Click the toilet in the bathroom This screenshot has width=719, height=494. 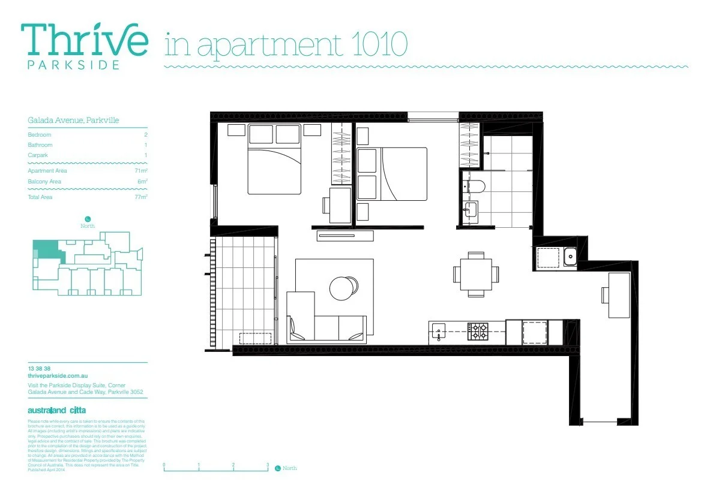tap(475, 186)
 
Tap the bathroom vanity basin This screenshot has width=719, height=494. tap(471, 210)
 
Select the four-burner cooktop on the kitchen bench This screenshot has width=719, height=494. tap(478, 332)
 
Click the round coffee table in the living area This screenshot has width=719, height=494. tap(344, 288)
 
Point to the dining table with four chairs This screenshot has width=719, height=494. tap(475, 274)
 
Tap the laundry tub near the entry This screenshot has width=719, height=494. tap(570, 258)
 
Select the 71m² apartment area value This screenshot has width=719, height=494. tap(142, 171)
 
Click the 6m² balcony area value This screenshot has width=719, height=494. tap(143, 182)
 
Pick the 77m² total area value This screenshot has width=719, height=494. tap(142, 197)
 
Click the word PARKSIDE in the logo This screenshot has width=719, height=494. tap(73, 65)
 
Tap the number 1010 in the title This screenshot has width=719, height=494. tap(378, 44)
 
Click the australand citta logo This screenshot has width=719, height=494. tap(57, 411)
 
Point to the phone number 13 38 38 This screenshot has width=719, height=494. tap(39, 368)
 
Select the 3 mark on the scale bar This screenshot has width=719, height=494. tap(268, 465)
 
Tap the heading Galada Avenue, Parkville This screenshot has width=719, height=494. tap(73, 121)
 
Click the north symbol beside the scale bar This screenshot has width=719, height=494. tap(277, 468)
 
